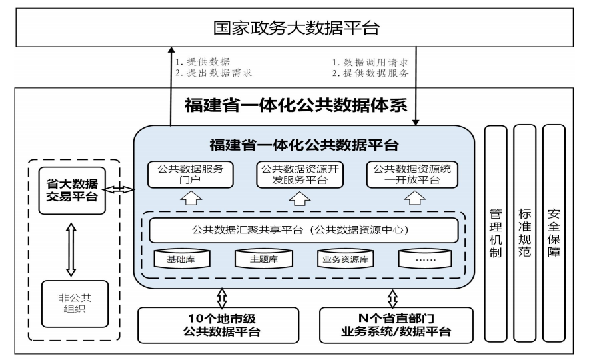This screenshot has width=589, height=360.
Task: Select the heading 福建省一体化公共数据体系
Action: pos(295,107)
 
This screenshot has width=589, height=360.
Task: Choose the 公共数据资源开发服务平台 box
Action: pos(299,175)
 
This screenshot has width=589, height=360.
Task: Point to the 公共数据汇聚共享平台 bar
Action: pos(304,231)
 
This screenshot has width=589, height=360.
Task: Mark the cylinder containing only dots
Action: pos(426,259)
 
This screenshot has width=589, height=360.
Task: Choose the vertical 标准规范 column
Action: pos(524,233)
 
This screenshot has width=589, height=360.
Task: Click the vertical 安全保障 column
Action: pos(553,233)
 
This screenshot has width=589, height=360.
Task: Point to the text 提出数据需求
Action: pos(213,73)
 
